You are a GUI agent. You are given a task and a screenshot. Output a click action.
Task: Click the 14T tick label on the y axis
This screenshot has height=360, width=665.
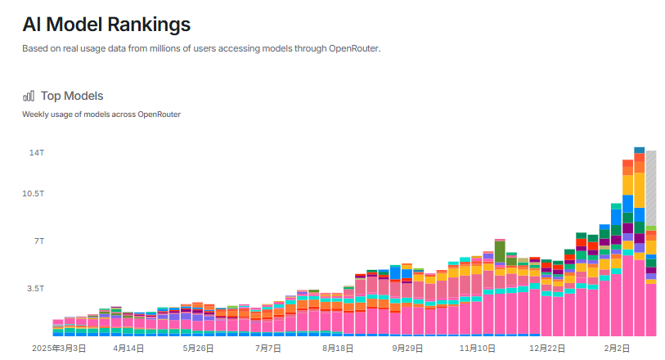coord(37,153)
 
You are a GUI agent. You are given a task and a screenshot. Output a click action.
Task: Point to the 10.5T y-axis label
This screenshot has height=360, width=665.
coord(33,193)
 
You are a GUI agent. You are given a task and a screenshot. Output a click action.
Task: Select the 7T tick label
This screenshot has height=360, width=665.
coord(38,241)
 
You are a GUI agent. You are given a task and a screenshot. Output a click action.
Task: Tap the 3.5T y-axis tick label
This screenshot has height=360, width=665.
coord(36,289)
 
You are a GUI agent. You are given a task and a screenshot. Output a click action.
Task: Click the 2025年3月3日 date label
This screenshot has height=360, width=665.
coord(58,348)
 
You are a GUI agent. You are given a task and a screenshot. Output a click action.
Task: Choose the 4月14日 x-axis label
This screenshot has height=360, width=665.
coord(129,348)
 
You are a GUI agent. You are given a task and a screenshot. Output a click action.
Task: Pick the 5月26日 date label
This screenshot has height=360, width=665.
coord(199,348)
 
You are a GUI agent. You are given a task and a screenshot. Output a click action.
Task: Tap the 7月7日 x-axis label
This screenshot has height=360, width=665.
coord(268,348)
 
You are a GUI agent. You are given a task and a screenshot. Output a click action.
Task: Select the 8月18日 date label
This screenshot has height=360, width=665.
coord(338,348)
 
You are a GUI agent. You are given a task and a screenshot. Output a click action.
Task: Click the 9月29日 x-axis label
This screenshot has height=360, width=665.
coord(407,348)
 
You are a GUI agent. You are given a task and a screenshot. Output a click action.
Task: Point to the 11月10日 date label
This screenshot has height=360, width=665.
coord(478,348)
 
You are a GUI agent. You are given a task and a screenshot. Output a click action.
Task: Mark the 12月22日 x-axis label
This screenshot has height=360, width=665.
coord(547,348)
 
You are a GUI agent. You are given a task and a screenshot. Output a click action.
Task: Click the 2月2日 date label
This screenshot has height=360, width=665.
coord(617,348)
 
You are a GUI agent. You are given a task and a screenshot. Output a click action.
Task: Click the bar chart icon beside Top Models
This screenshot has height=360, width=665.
coord(29,96)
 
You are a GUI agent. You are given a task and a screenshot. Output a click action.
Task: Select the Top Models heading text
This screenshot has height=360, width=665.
coord(72,96)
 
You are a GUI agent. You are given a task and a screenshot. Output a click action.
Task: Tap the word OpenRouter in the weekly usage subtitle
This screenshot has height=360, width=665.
coord(159,114)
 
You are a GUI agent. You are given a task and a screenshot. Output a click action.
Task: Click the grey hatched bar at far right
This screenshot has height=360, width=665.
coord(651,188)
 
